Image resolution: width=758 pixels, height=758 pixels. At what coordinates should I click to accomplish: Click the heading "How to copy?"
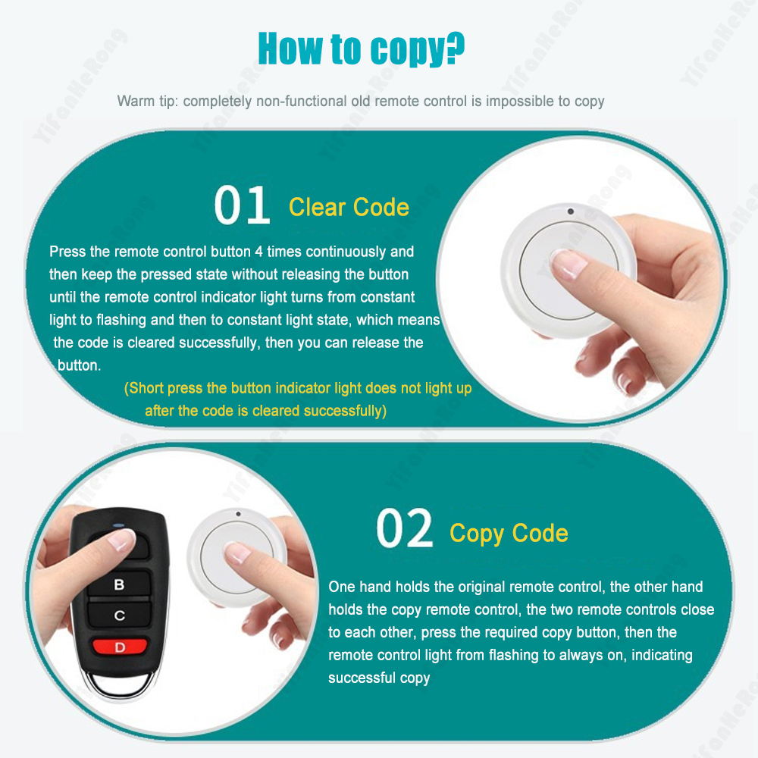361,49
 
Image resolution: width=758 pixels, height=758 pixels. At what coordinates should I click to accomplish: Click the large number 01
242,205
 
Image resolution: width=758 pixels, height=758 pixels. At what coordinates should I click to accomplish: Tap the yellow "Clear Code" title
349,208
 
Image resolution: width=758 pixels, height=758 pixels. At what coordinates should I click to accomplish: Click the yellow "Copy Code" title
509,534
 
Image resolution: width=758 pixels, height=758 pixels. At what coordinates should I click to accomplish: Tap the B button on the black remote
119,584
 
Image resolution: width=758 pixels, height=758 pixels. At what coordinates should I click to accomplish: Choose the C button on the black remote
120,615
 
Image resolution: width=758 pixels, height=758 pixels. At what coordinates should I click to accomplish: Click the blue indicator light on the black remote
118,525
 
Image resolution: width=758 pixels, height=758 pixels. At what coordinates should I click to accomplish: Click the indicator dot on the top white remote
571,211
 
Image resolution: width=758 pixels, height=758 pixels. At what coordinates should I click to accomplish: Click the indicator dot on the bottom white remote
238,514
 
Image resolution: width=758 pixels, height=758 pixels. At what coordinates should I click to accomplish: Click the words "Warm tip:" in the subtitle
148,102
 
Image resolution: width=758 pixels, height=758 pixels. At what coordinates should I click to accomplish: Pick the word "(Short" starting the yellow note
143,388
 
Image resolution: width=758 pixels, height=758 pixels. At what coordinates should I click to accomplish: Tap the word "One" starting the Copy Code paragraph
341,587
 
